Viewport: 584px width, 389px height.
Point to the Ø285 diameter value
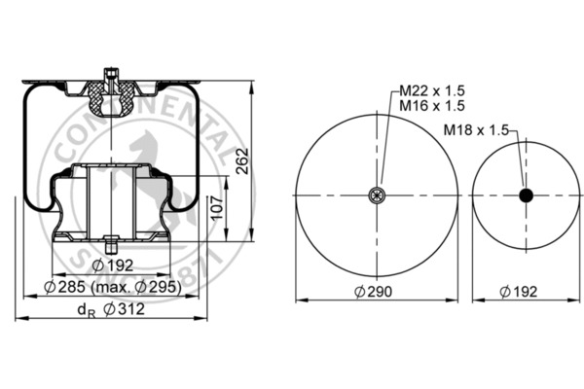(x=65, y=288)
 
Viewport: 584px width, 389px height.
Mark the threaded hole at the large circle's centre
(x=377, y=195)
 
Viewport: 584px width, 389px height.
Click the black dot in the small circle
(x=527, y=195)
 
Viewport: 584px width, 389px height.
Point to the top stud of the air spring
(x=111, y=74)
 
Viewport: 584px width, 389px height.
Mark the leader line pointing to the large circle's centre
(x=387, y=146)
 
